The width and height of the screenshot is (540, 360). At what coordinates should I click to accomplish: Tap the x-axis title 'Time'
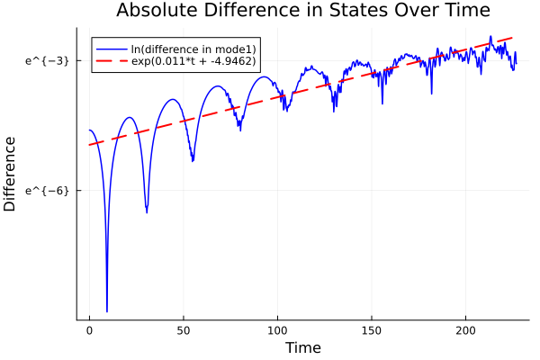point(302,347)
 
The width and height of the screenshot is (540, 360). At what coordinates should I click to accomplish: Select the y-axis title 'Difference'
point(10,174)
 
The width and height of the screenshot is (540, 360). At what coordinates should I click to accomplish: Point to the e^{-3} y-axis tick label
point(47,60)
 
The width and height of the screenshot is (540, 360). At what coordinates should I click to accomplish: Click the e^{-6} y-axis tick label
point(47,191)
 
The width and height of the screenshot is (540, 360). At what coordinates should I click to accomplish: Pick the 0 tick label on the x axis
point(89,331)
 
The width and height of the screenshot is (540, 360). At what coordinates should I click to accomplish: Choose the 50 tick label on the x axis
point(184,331)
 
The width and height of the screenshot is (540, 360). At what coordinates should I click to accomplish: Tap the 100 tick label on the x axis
point(277,331)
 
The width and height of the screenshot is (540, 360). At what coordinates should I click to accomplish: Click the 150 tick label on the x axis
point(372,331)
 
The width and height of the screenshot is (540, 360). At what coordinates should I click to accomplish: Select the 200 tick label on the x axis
point(465,331)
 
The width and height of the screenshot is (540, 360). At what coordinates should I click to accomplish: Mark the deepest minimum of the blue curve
point(107,310)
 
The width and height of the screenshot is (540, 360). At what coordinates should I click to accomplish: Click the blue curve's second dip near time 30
point(147,212)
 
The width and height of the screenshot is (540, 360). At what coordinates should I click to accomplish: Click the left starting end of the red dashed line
point(89,145)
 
